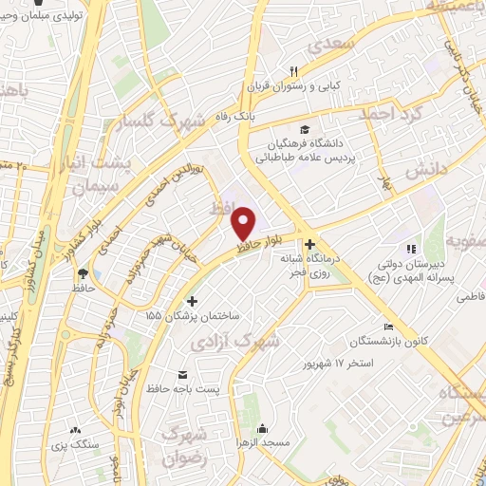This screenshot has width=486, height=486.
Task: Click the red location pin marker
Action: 244,222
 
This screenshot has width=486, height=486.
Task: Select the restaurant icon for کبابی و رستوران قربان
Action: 293,72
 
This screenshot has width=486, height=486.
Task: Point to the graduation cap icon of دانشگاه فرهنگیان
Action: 304,130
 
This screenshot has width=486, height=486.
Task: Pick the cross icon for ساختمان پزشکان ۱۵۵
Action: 192,300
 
